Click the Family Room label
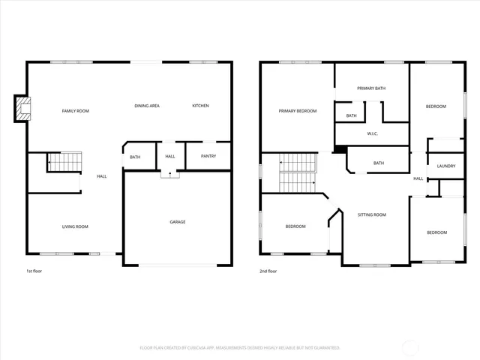point(75,111)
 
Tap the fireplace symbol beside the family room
point(24,109)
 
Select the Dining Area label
point(147,106)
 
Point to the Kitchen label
point(200,106)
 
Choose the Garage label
point(178,222)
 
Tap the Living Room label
point(75,226)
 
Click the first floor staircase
point(64,161)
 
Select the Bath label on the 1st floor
point(135,157)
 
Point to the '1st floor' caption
point(34,271)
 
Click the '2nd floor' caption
point(268,271)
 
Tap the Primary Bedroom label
point(298,111)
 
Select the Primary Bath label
point(371,88)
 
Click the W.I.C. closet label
point(372,134)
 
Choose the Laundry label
point(446,166)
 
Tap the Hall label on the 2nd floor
point(418,178)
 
